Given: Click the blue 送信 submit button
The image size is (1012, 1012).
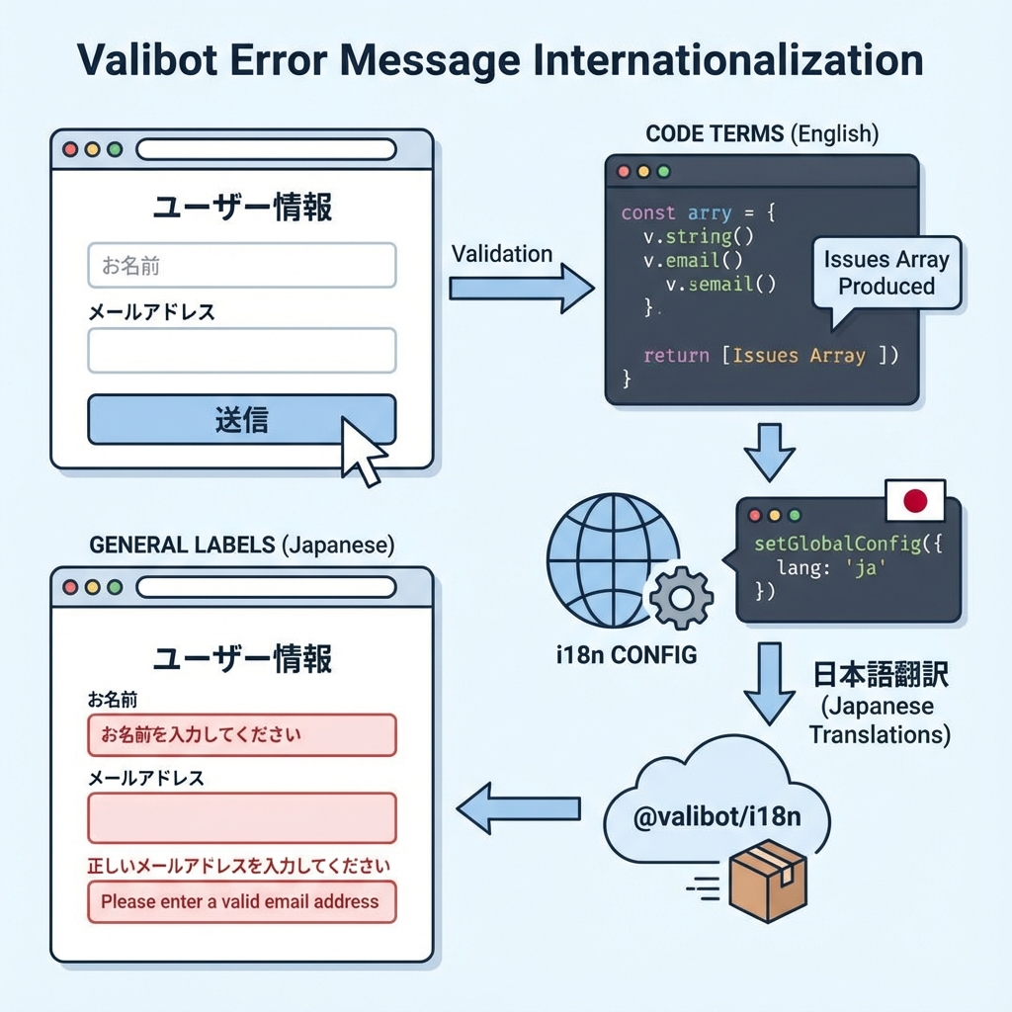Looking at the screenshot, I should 241,420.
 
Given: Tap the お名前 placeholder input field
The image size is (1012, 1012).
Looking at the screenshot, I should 241,265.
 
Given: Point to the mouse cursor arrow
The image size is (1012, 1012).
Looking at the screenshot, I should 360,450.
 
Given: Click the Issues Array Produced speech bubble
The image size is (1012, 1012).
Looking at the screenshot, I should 885,274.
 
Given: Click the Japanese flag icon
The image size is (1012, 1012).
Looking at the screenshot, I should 914,501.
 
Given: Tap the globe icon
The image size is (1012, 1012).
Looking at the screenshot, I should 601,561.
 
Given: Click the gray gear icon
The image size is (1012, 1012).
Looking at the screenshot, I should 679,596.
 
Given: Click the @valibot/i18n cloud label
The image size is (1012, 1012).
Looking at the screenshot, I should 717,819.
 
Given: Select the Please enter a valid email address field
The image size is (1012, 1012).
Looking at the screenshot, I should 241,901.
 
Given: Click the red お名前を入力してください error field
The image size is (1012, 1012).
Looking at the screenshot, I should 241,735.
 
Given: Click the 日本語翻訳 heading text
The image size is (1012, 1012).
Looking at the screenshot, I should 881,676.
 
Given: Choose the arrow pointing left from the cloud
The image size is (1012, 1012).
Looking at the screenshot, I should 518,807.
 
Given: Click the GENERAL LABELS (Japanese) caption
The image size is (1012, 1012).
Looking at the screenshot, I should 242,545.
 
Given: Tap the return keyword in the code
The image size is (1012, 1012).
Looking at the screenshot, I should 675,356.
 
